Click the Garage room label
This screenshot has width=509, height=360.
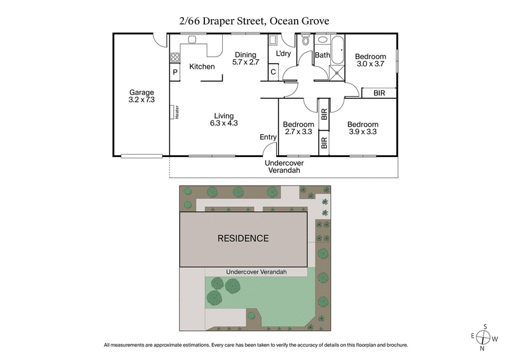click(141, 92)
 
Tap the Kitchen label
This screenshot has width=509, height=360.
click(202, 67)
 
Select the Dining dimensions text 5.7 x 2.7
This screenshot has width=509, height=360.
click(246, 62)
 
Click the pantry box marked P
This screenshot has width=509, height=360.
click(175, 73)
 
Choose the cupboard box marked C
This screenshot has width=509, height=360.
click(273, 72)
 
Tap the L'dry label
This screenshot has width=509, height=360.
click(282, 54)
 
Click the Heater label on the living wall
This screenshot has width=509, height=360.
click(177, 112)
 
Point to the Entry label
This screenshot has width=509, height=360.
click(268, 137)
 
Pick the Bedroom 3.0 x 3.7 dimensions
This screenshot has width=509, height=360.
click(370, 64)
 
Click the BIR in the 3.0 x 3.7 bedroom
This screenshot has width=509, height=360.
click(379, 93)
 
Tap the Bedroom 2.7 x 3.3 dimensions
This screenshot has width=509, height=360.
click(298, 132)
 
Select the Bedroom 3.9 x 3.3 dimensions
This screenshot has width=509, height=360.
click(363, 132)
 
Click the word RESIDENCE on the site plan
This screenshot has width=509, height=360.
click(243, 239)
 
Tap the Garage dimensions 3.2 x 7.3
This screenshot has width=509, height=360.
click(141, 100)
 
